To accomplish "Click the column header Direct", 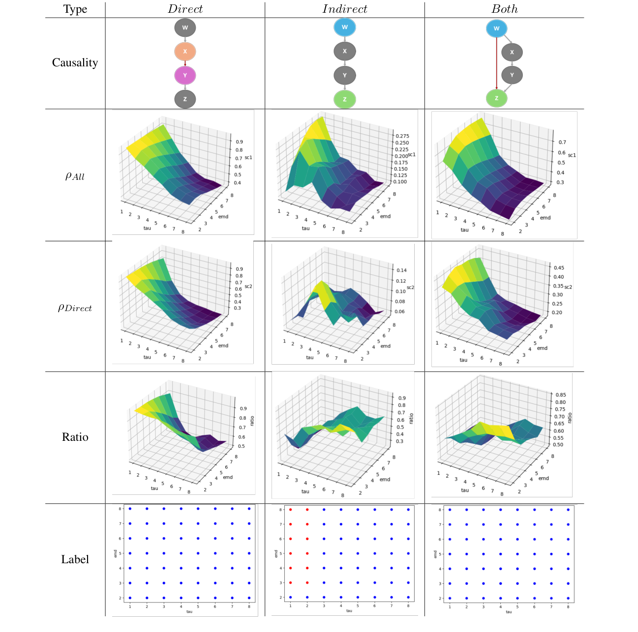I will [x=185, y=9].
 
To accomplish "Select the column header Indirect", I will [x=344, y=9].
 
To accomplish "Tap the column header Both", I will [x=504, y=9].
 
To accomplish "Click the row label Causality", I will [x=75, y=62].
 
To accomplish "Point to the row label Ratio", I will [x=75, y=437].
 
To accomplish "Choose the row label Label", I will [x=75, y=559].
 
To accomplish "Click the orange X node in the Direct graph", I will [x=185, y=51].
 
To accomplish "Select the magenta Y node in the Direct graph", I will [x=185, y=75].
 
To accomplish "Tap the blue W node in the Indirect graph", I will [x=344, y=27].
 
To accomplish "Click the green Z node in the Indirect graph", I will [x=344, y=99].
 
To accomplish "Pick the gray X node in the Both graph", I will [x=512, y=52].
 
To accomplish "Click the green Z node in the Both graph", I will [x=496, y=98].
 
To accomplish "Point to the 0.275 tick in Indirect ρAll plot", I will [x=402, y=136].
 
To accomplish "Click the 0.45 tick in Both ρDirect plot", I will [x=559, y=268].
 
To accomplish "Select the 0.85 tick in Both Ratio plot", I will [x=560, y=395].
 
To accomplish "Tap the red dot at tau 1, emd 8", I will [x=290, y=510].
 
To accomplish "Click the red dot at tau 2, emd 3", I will [x=307, y=583].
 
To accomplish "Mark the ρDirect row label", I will [x=75, y=308].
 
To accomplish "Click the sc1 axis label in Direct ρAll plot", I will [x=248, y=158].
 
